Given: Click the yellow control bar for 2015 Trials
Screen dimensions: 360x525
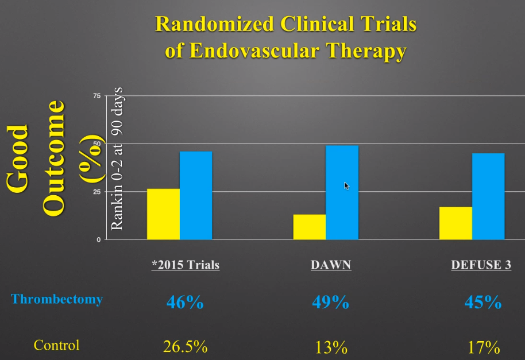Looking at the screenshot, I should click(163, 214).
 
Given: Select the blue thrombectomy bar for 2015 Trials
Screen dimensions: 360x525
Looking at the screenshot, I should click(196, 195).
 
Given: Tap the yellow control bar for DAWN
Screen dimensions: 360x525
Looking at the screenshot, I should click(310, 226).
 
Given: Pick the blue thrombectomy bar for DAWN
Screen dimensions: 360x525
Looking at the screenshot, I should click(342, 192).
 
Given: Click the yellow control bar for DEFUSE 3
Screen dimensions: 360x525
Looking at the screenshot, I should click(455, 223).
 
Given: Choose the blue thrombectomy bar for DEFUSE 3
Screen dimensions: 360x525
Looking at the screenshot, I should click(488, 196).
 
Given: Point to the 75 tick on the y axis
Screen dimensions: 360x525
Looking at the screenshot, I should click(96, 96).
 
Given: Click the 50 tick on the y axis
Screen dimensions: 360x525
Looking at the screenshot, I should click(96, 144).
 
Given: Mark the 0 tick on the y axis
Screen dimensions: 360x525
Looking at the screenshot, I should click(98, 239).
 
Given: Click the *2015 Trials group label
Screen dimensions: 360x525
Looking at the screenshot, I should click(186, 266).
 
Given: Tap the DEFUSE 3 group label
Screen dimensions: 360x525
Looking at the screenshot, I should click(481, 266).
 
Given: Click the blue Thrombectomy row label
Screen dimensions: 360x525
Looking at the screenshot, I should click(57, 299).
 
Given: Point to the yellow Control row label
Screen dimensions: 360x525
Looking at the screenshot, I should click(56, 346).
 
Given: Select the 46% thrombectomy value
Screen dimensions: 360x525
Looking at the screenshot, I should click(184, 302).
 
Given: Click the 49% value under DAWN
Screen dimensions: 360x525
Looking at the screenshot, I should click(331, 302).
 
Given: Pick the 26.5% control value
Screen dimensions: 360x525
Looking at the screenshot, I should click(186, 347).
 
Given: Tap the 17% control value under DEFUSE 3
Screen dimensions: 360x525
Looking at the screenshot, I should click(483, 347).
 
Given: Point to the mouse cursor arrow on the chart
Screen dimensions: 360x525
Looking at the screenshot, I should click(346, 185).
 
